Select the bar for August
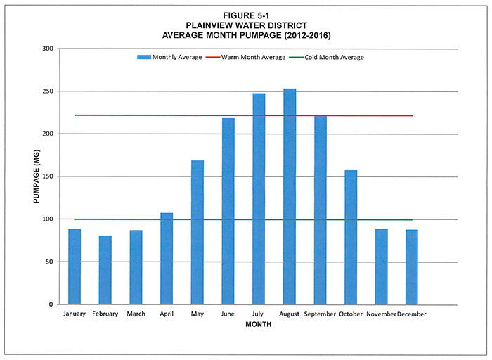pyautogui.click(x=290, y=197)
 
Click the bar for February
pyautogui.click(x=105, y=270)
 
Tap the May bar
pyautogui.click(x=198, y=232)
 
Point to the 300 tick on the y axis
pyautogui.click(x=47, y=49)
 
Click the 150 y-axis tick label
pyautogui.click(x=47, y=176)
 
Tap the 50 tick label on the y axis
pyautogui.click(x=49, y=262)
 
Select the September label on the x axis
pyautogui.click(x=320, y=314)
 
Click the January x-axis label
pyautogui.click(x=75, y=314)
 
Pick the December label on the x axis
pyautogui.click(x=412, y=314)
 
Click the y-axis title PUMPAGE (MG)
pyautogui.click(x=35, y=176)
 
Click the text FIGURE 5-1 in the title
pyautogui.click(x=245, y=15)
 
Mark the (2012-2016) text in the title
pyautogui.click(x=307, y=34)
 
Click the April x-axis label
pyautogui.click(x=167, y=314)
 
